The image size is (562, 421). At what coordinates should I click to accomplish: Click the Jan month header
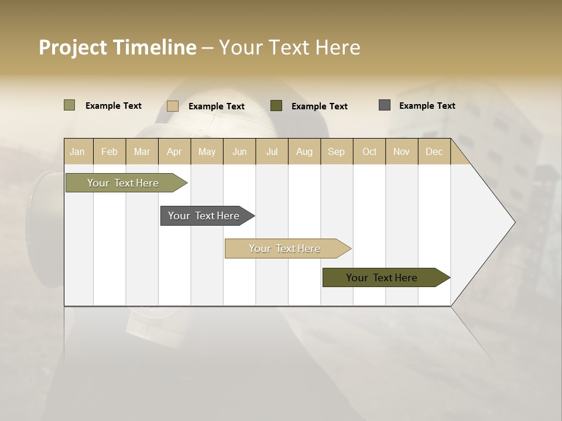coord(77,151)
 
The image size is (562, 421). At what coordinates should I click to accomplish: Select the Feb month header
coord(109,151)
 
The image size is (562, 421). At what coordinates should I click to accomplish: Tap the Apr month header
coord(174,151)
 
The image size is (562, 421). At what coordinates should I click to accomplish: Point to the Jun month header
coord(239,151)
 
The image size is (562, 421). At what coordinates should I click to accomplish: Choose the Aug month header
coord(304,151)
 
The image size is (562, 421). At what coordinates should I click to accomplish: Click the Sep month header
coord(336,151)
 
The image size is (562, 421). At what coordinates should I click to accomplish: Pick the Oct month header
coord(369,151)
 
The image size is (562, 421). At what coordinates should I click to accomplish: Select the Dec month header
coord(434,151)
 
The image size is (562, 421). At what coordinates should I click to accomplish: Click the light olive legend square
coord(69,105)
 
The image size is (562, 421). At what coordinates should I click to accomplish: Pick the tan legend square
coord(172,106)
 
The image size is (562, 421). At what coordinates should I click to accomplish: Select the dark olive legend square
coord(276,106)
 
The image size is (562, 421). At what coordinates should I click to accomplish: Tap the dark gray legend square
coord(384,105)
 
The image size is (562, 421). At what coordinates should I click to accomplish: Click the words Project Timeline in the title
coord(118,47)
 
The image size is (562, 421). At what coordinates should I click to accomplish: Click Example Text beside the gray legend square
coord(427,105)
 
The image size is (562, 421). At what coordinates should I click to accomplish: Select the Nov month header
coord(401,151)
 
